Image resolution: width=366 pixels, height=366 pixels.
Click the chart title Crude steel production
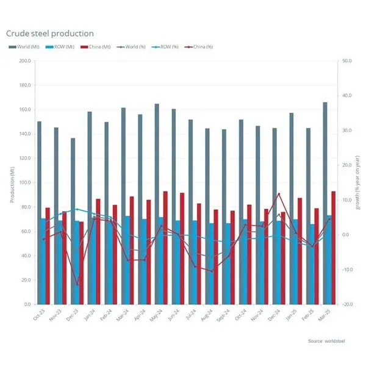50,33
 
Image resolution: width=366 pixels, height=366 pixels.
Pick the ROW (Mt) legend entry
59,47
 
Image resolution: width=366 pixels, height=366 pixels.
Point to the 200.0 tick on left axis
25,61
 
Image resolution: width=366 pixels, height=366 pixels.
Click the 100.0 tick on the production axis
25,182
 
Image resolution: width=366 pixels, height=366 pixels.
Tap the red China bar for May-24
165,247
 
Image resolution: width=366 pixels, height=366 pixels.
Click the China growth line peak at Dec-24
279,194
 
